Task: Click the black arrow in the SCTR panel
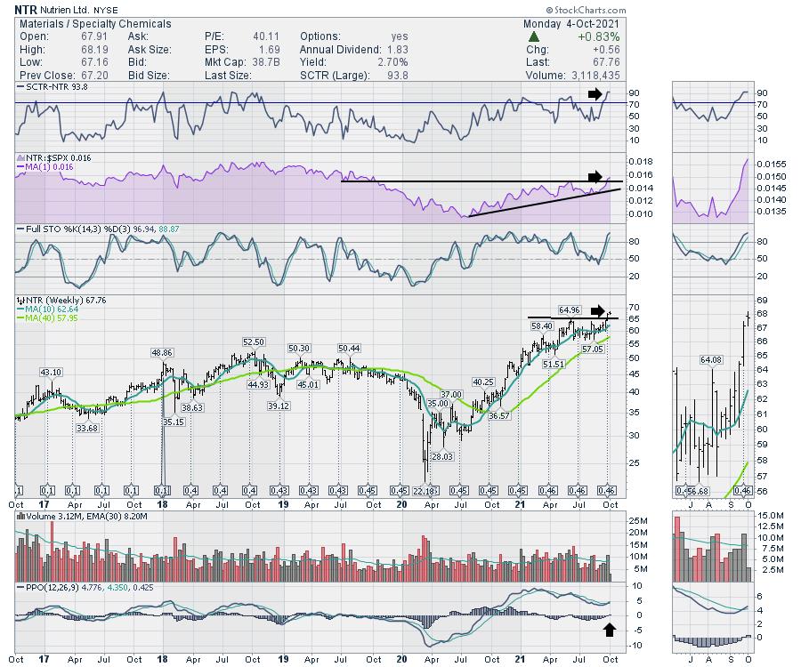(595, 92)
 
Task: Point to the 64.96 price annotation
(570, 309)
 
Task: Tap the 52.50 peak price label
(255, 342)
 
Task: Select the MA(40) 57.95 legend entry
(47, 318)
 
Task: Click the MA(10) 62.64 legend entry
(47, 309)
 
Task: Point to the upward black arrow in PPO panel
(609, 630)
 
